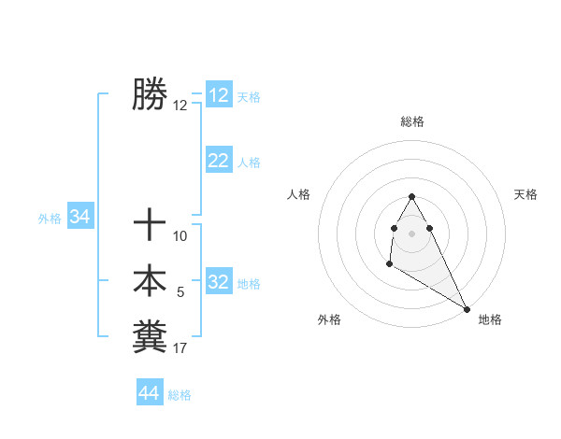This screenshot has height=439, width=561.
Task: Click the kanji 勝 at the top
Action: [x=150, y=94]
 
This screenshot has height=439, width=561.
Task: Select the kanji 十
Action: [x=150, y=225]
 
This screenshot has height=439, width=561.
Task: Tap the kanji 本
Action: [x=150, y=280]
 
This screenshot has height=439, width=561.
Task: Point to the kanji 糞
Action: [x=150, y=336]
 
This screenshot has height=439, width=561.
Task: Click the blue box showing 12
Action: [x=219, y=95]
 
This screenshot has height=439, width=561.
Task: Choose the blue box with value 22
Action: [x=219, y=161]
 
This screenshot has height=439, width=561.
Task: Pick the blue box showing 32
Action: [x=219, y=282]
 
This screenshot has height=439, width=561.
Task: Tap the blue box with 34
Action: [x=79, y=217]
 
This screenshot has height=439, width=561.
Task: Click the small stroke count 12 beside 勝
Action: [x=180, y=106]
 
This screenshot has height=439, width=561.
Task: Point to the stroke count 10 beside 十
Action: [x=180, y=236]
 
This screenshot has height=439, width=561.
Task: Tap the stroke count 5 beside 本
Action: [x=180, y=292]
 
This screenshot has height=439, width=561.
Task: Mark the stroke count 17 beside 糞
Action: [x=180, y=348]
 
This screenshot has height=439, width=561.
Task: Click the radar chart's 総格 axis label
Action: [x=412, y=121]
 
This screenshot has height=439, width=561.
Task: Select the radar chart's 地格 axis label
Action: [x=490, y=319]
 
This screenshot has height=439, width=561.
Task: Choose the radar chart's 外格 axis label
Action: [x=329, y=319]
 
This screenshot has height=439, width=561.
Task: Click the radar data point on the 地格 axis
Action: [x=467, y=309]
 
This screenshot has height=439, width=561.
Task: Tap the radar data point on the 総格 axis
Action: [x=411, y=197]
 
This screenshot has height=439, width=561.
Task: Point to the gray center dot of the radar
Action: [x=411, y=233]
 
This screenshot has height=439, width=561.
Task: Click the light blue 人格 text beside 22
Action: [x=249, y=163]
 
